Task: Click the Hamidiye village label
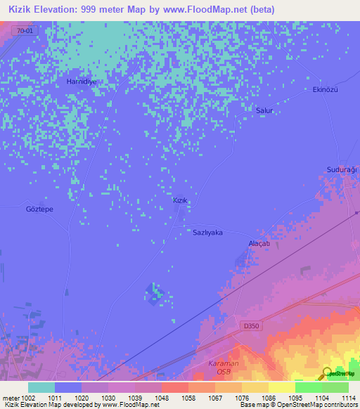(81, 82)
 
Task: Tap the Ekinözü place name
(326, 90)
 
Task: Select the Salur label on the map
(264, 111)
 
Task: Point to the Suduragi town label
(342, 170)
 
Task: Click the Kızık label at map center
(181, 201)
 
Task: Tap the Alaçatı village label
(259, 243)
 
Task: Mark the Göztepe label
(39, 209)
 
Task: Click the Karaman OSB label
(224, 367)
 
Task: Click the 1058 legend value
(174, 398)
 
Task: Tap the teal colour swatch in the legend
(41, 387)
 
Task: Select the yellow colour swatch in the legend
(281, 387)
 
